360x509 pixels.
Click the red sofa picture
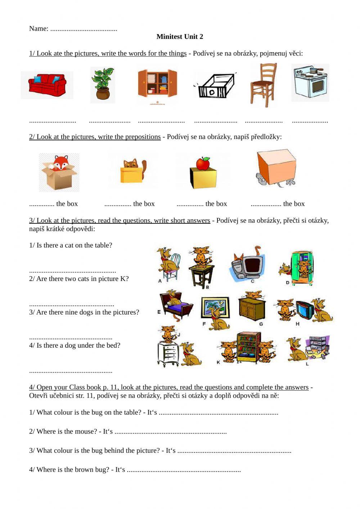[47, 85]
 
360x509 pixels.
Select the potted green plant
[103, 85]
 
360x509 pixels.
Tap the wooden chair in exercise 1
[264, 85]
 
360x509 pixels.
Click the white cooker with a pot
[310, 83]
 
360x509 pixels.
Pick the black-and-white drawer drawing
[215, 86]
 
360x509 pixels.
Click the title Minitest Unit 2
[180, 36]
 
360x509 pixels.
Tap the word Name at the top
[38, 28]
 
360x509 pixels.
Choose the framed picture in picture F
[215, 307]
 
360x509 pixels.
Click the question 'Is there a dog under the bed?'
[75, 345]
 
